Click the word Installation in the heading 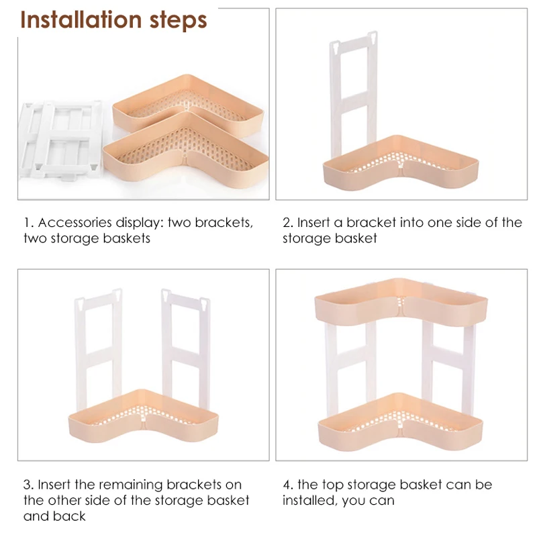pos(81,19)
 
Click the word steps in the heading pos(179,21)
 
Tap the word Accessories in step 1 pos(75,223)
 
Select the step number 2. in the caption pos(288,223)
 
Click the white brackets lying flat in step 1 pos(59,139)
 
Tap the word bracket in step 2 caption pos(371,223)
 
